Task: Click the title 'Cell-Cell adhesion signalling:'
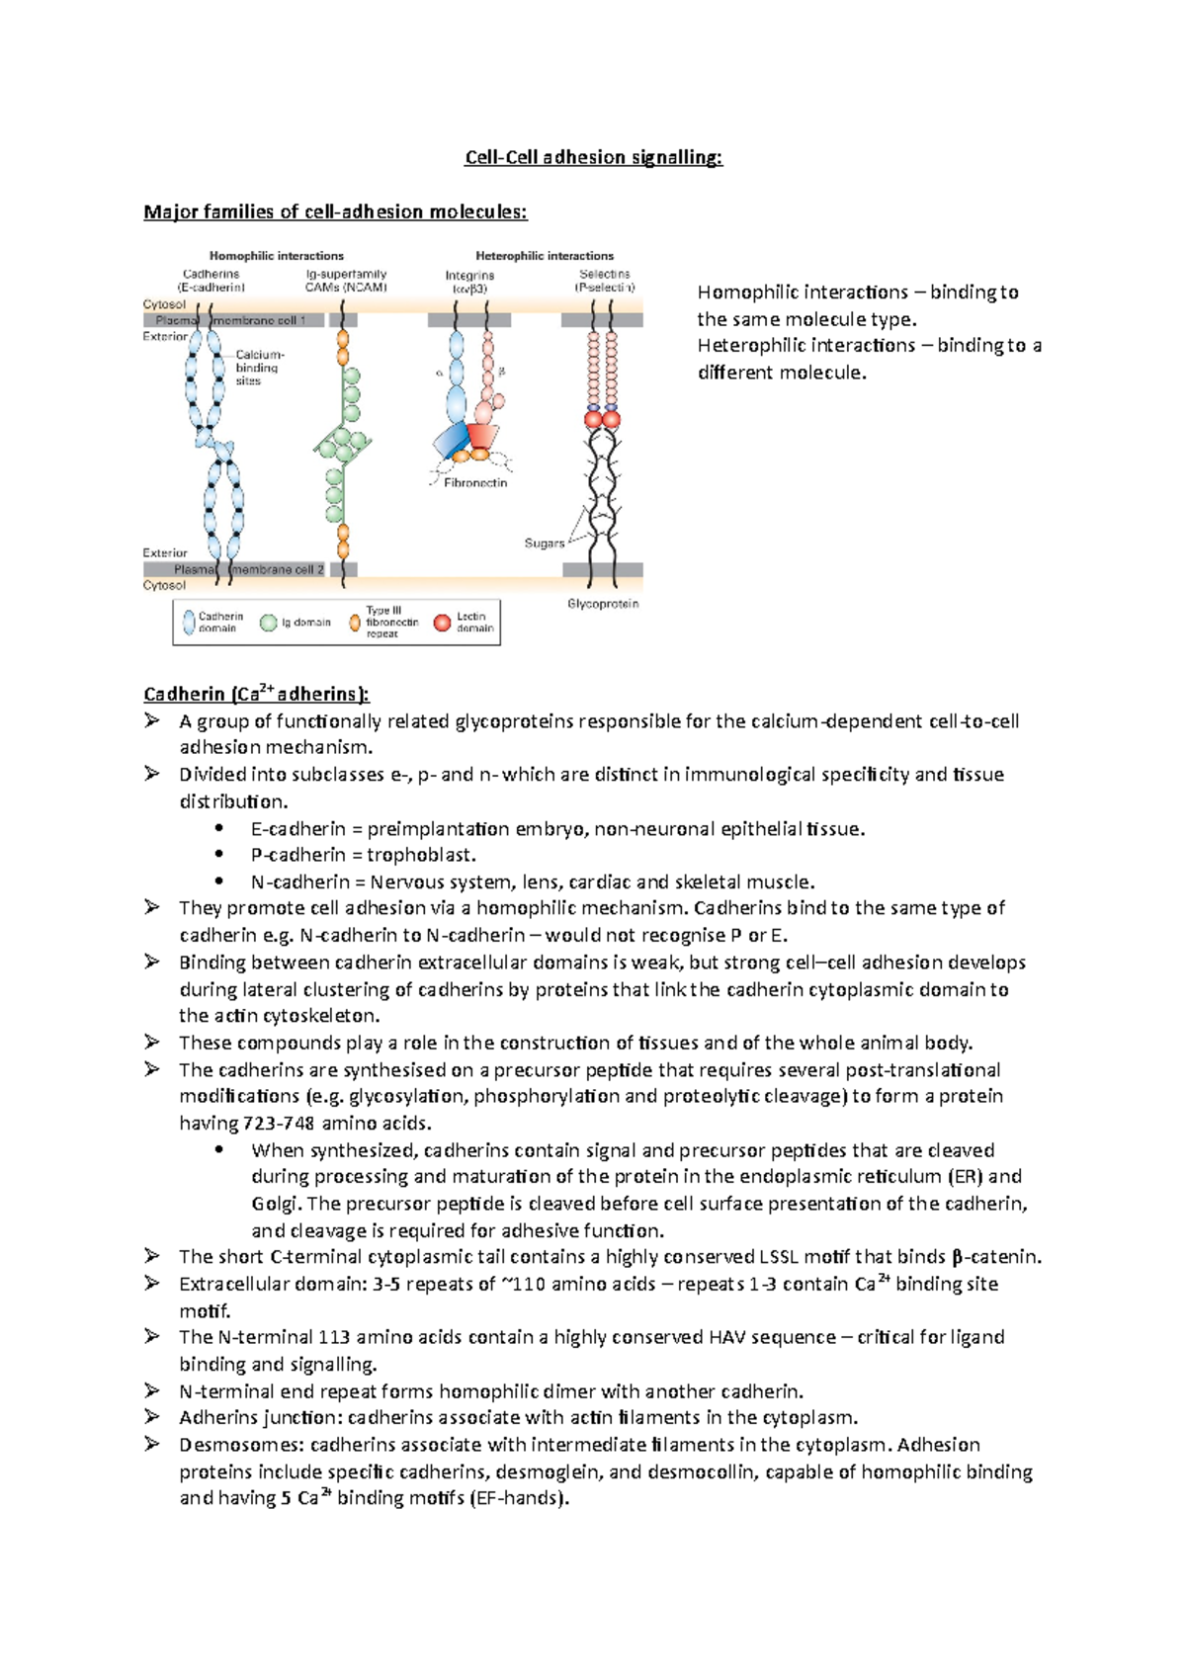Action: click(594, 157)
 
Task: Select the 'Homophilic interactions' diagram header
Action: click(277, 255)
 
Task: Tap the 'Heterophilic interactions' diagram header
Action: click(545, 255)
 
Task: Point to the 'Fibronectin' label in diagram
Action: click(475, 483)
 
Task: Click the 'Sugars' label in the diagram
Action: click(544, 544)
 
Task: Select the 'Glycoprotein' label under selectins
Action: click(603, 604)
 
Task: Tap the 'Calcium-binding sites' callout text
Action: click(259, 368)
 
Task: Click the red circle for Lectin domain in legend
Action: click(443, 623)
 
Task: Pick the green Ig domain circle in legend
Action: click(268, 623)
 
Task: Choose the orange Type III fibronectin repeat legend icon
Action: click(355, 623)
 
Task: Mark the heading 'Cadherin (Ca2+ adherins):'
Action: click(256, 694)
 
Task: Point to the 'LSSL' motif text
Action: click(779, 1257)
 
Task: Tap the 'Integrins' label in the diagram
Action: click(469, 276)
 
